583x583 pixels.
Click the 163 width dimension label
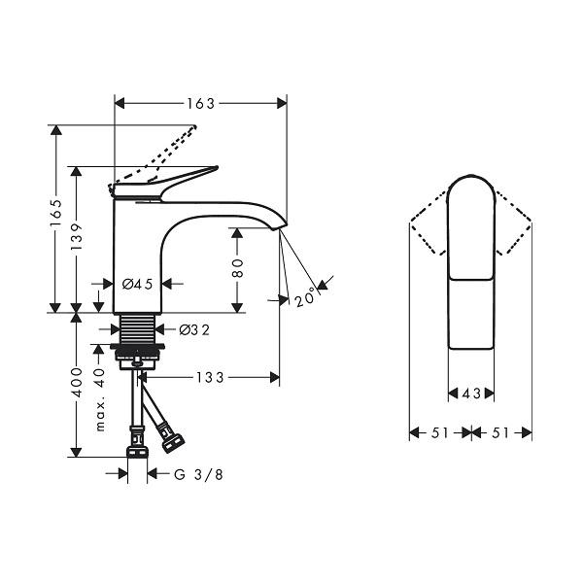(x=201, y=104)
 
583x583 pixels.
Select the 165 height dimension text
(x=56, y=213)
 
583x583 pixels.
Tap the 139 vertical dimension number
(x=76, y=236)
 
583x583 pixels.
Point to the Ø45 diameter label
(x=138, y=285)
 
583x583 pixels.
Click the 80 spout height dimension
(x=237, y=268)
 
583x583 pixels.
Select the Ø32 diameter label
(x=194, y=329)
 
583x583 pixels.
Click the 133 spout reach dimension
(x=211, y=378)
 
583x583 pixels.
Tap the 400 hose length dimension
(x=76, y=382)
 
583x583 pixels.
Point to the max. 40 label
(x=99, y=399)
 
